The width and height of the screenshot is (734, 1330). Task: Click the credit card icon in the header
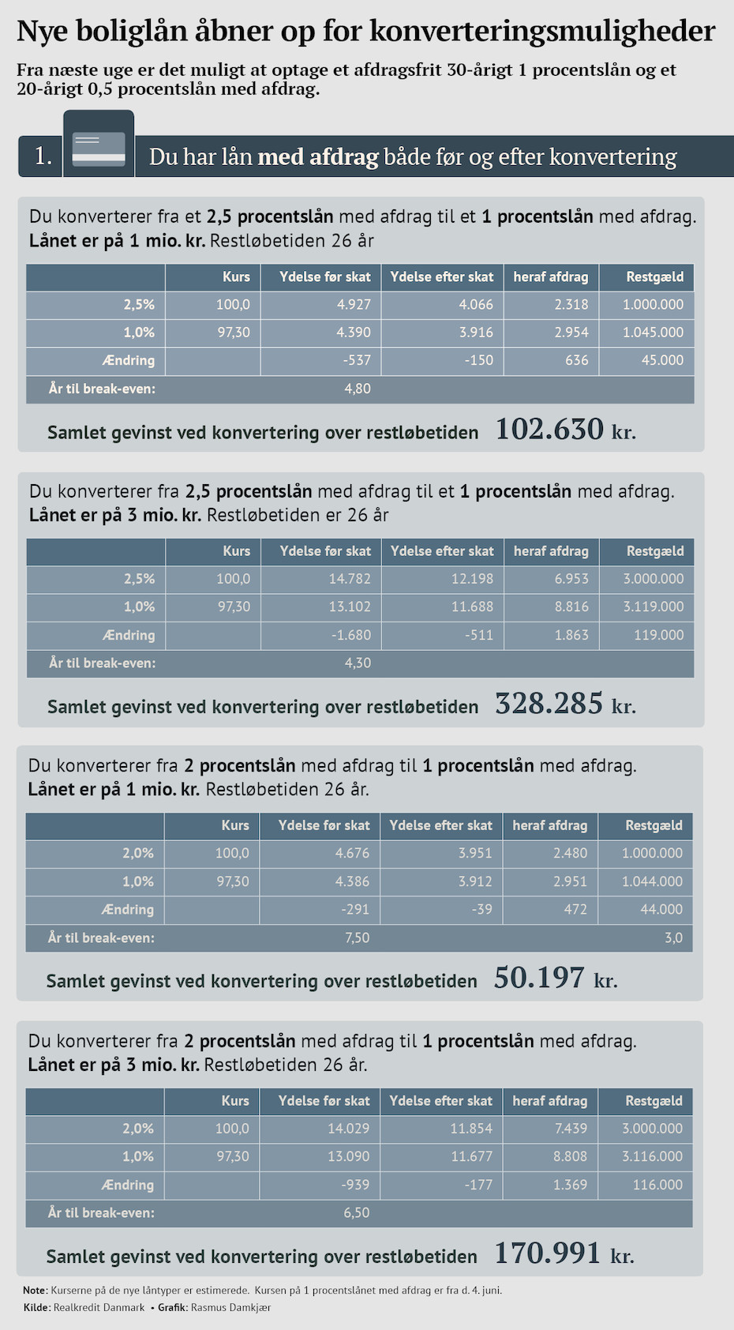[x=99, y=148]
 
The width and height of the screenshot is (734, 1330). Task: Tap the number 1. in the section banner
[x=43, y=156]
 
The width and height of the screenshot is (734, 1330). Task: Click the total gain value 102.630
[x=549, y=430]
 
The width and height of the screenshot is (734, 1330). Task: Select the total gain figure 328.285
[x=549, y=704]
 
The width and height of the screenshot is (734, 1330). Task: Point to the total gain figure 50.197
[x=540, y=978]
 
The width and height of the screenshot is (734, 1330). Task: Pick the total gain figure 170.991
[x=548, y=1253]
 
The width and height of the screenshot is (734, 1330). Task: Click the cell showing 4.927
[x=354, y=305]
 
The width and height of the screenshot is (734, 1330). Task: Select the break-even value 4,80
[x=358, y=389]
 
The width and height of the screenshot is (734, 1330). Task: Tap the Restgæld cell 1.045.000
[x=653, y=332]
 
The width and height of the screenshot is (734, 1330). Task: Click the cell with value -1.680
[x=351, y=635]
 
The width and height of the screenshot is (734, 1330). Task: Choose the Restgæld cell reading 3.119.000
[x=653, y=607]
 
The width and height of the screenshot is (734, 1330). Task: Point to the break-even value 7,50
[x=357, y=937]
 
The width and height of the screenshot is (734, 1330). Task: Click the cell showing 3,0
[x=673, y=937]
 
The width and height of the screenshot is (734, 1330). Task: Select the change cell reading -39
[x=481, y=910]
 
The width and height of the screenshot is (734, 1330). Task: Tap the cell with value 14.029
[x=348, y=1129]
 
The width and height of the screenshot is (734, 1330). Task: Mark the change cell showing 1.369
[x=570, y=1185]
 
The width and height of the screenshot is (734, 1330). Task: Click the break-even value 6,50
[x=357, y=1212]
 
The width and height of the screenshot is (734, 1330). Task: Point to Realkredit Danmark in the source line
[x=99, y=1307]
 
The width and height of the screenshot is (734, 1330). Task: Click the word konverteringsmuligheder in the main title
[x=542, y=32]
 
